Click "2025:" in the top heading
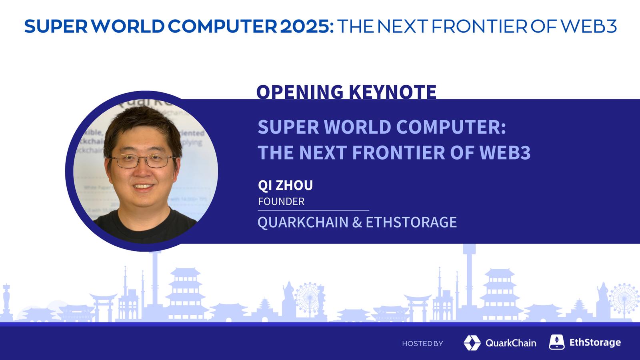(x=306, y=26)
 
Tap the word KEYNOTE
(x=392, y=92)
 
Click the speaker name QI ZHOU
(x=286, y=186)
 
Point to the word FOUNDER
(x=281, y=202)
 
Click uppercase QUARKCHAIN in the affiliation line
(x=303, y=222)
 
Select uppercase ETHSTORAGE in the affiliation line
(x=411, y=222)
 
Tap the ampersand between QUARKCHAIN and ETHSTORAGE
(x=357, y=222)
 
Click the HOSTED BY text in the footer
(x=422, y=344)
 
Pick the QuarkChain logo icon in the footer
(x=472, y=343)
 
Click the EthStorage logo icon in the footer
(x=556, y=342)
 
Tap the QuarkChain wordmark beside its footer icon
(x=511, y=343)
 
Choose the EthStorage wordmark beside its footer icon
(x=595, y=342)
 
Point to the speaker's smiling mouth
(x=142, y=187)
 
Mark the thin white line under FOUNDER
(x=314, y=210)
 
